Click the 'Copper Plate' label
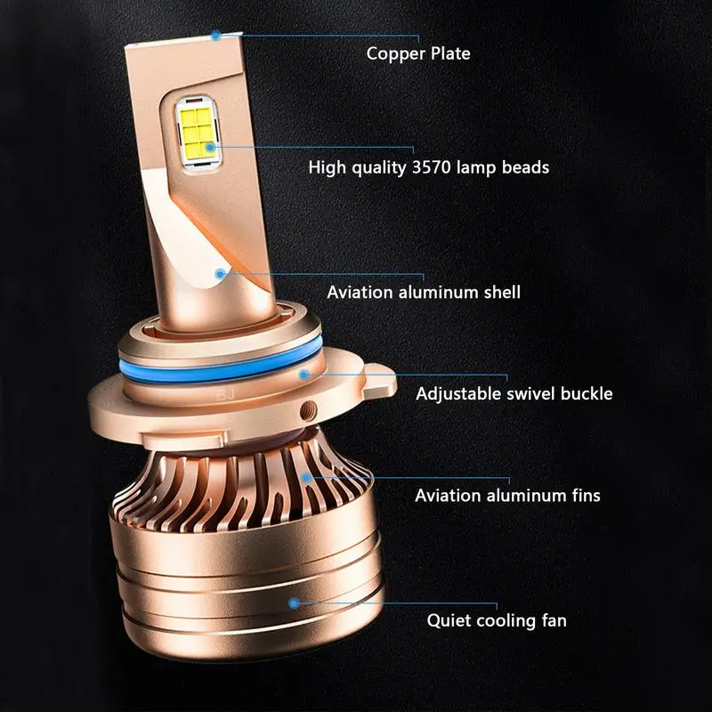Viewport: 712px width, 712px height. pyautogui.click(x=418, y=53)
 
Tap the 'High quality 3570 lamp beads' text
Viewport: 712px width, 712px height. pyautogui.click(x=428, y=166)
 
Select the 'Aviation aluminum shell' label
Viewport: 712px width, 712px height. pyautogui.click(x=424, y=292)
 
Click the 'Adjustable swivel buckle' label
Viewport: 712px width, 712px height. pyautogui.click(x=514, y=392)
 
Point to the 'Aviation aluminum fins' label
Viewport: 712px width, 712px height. pyautogui.click(x=507, y=495)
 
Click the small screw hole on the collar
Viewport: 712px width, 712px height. pyautogui.click(x=308, y=409)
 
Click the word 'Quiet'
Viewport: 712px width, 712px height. pyautogui.click(x=450, y=620)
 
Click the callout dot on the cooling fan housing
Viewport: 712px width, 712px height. pyautogui.click(x=295, y=603)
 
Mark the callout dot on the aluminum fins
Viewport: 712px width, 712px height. pyautogui.click(x=308, y=478)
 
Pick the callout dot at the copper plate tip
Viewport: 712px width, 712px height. pyautogui.click(x=215, y=36)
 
